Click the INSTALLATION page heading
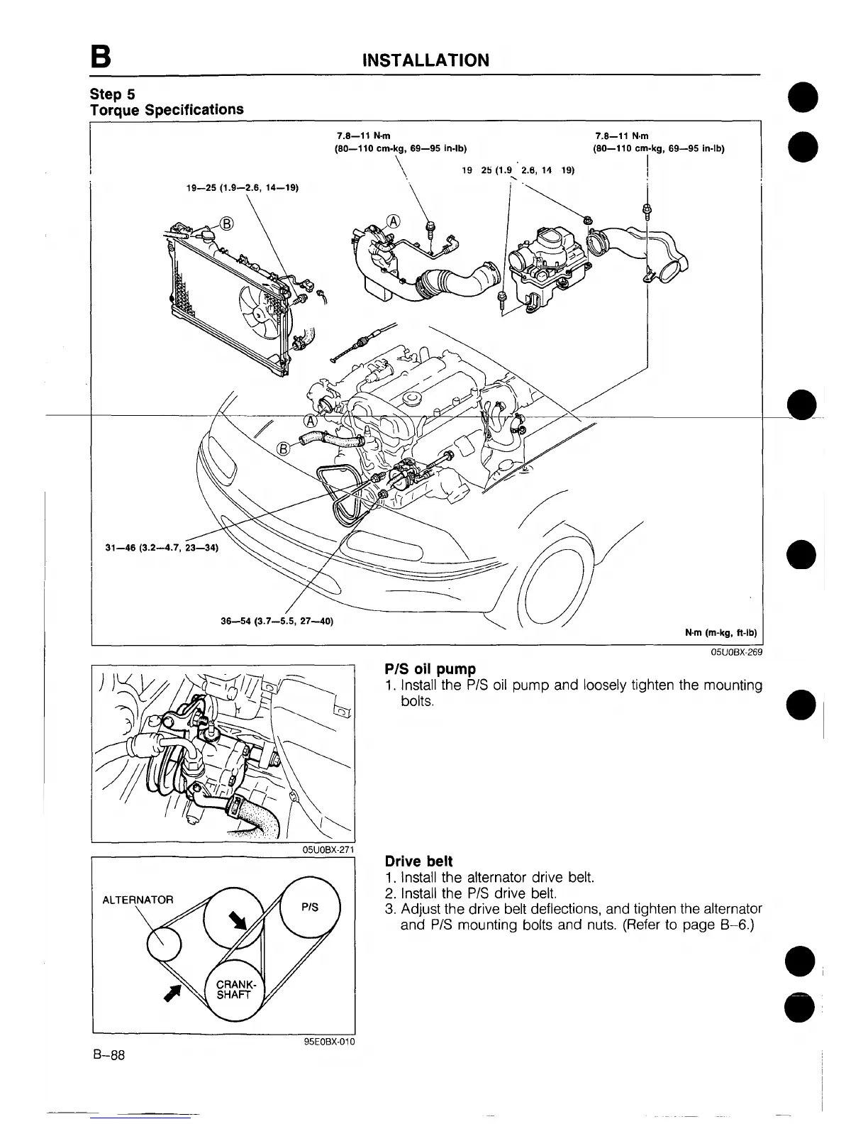click(x=425, y=60)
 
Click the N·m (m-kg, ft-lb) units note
click(x=720, y=633)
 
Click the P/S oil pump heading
click(x=430, y=669)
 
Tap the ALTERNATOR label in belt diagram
click(x=138, y=900)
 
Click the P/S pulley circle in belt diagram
click(x=310, y=906)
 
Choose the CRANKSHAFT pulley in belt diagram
click(x=234, y=990)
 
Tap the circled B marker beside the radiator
click(x=226, y=224)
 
